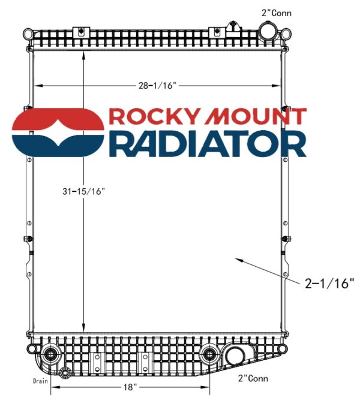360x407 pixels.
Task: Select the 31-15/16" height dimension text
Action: click(83, 191)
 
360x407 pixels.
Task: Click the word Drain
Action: click(41, 380)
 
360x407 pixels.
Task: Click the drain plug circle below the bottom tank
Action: click(64, 374)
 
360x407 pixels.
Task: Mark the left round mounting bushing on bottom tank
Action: click(50, 353)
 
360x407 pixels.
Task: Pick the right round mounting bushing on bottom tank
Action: click(209, 353)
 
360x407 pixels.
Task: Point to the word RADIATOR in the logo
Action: click(208, 144)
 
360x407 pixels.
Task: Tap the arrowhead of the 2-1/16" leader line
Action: click(237, 260)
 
